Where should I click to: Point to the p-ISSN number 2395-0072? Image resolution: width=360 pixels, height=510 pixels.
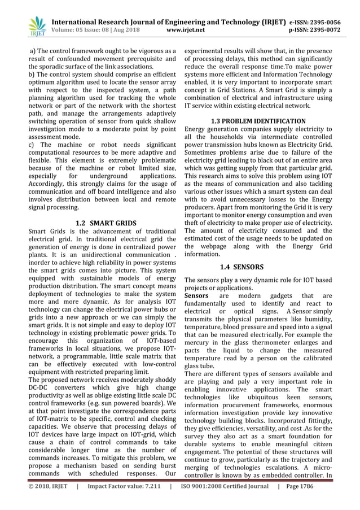326,30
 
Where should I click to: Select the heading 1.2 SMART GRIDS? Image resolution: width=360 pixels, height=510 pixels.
106,223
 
